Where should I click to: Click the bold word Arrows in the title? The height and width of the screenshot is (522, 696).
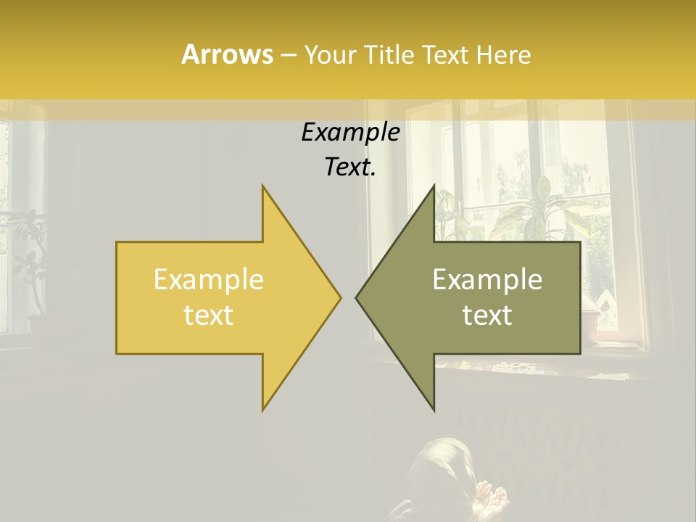click(227, 54)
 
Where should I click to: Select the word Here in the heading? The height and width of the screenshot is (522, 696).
click(503, 54)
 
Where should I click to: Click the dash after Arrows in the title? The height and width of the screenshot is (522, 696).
click(288, 55)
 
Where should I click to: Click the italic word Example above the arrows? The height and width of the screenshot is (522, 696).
click(350, 133)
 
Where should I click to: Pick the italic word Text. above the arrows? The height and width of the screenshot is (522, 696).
click(350, 167)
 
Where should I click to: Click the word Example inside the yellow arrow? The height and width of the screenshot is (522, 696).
click(209, 280)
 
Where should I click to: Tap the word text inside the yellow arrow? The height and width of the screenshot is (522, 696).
click(209, 315)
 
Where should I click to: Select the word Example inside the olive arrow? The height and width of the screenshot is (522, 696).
click(487, 280)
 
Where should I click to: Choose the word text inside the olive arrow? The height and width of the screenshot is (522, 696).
click(487, 315)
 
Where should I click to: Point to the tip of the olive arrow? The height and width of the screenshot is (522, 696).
click(357, 297)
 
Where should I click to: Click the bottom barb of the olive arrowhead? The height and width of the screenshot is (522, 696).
click(433, 406)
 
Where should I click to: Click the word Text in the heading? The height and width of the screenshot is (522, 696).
click(445, 54)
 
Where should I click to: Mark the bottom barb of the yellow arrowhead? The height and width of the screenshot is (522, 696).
click(265, 406)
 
